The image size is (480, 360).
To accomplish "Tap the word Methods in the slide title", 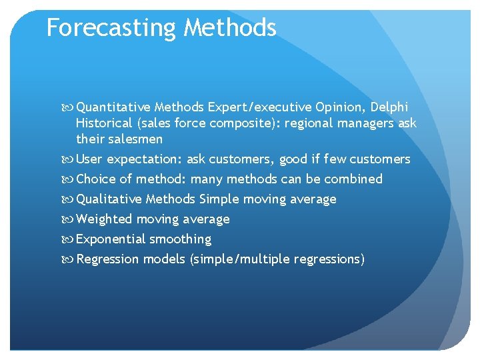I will (230, 28).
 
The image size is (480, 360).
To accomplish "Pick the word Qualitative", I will (109, 199).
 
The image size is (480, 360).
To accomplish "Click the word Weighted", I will (105, 219).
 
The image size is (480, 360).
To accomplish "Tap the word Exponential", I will (111, 239).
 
